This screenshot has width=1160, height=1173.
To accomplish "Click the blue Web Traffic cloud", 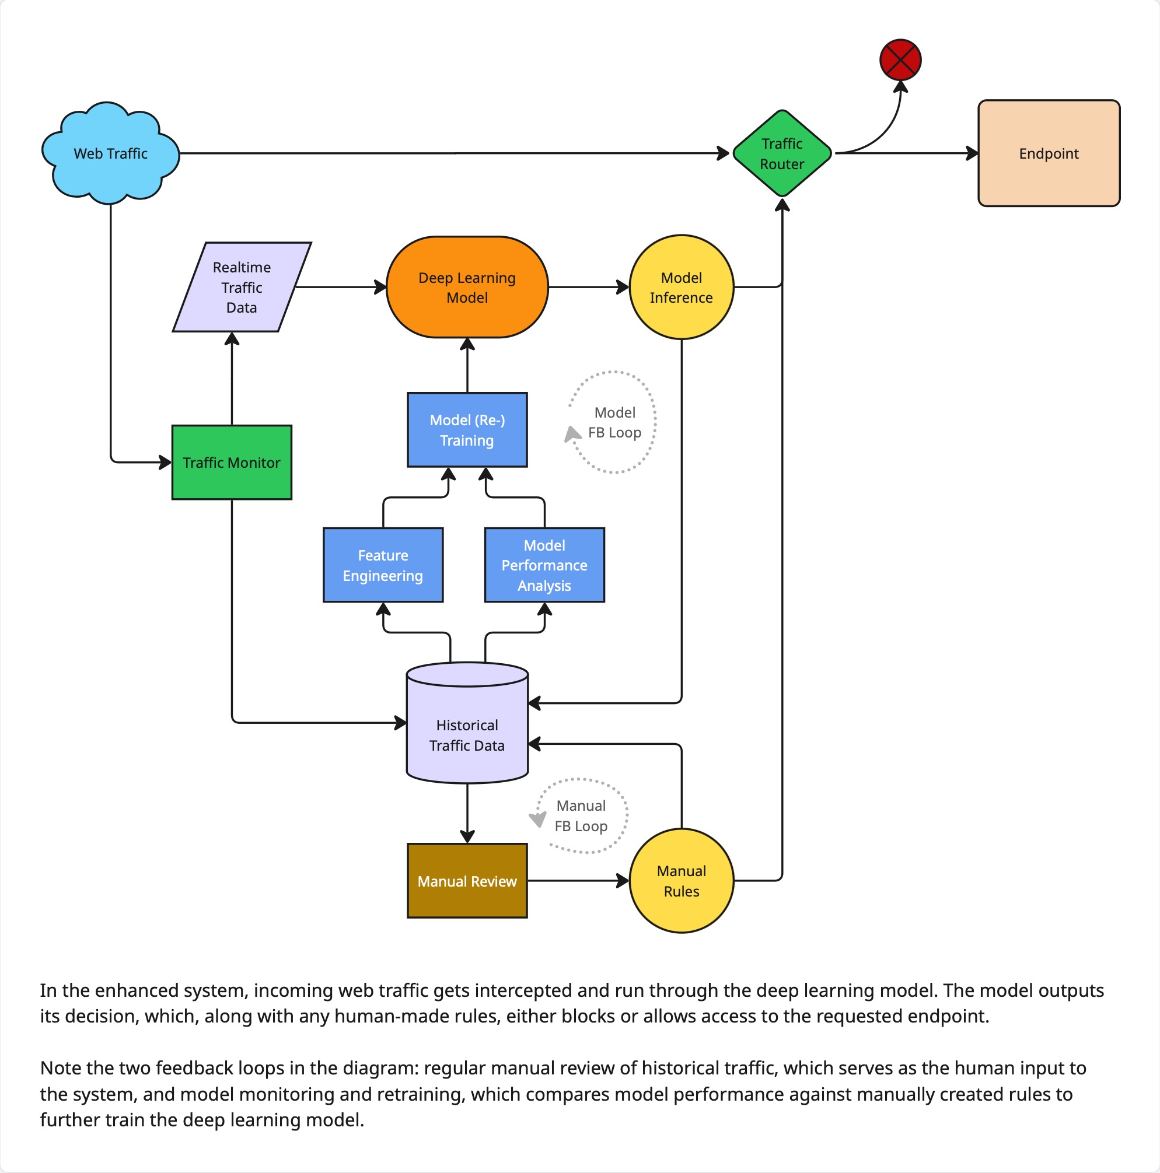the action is click(110, 153).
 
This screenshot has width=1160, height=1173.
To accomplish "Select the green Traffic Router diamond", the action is click(782, 153).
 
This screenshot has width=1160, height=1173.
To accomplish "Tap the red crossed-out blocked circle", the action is click(900, 59).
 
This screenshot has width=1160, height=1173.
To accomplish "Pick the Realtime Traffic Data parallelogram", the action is click(241, 286).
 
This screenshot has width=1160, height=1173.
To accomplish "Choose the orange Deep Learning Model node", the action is click(466, 286).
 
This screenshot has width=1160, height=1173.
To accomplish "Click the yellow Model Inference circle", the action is click(681, 286).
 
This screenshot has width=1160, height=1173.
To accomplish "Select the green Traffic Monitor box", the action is click(232, 462).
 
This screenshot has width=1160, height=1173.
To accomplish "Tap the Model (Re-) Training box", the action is click(466, 429).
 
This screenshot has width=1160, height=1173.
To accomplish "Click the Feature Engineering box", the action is click(383, 565).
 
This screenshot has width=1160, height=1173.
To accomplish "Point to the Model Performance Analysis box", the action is click(544, 565).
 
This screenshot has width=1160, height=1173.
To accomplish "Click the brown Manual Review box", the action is click(466, 880).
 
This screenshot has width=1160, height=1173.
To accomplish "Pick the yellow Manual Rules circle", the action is click(681, 880).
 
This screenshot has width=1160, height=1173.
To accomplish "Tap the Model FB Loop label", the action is click(614, 422).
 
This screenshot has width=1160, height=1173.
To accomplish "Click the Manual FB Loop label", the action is click(581, 815).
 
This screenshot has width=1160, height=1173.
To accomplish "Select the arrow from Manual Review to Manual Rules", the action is click(577, 880).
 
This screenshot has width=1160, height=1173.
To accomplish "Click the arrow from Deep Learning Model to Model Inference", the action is click(588, 286).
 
